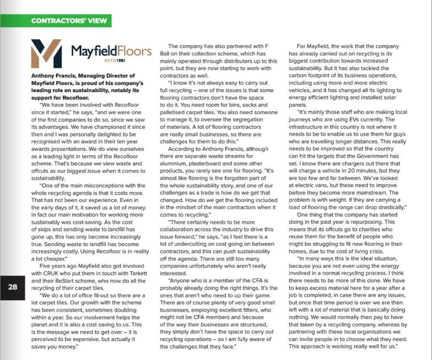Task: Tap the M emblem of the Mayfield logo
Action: (x=46, y=54)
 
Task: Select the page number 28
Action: (x=13, y=287)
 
